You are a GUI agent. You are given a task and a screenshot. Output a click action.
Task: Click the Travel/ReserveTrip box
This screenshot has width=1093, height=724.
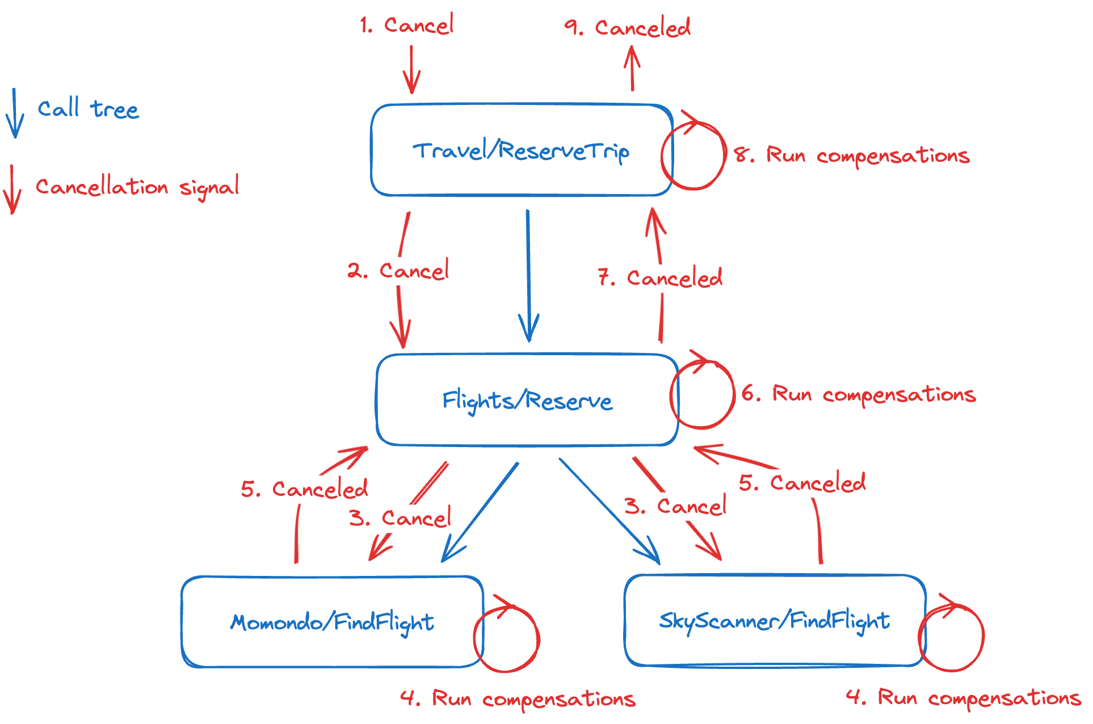coord(521,150)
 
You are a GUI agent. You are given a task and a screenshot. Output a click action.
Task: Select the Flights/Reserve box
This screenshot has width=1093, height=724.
coord(527,400)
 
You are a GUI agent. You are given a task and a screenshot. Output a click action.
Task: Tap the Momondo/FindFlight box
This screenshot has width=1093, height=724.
coord(332,622)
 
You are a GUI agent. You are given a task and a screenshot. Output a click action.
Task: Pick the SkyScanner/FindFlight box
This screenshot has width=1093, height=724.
coord(774,621)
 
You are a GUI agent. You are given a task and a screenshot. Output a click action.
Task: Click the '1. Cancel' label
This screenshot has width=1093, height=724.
coord(407,25)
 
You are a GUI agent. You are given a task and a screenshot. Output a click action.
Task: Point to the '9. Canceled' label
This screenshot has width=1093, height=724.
coord(627,27)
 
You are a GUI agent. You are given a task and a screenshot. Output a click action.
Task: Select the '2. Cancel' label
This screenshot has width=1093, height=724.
coord(398,271)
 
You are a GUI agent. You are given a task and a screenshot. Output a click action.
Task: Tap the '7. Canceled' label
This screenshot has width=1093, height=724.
coord(660,278)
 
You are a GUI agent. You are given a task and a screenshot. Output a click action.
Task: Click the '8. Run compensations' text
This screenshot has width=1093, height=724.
coord(852,155)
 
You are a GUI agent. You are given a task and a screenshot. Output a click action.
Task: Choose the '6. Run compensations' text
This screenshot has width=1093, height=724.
coord(859,394)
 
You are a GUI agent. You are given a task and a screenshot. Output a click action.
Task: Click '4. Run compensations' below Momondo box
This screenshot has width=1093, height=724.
coord(518,698)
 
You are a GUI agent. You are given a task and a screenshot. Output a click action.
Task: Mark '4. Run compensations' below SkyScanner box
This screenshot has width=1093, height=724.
coord(963,697)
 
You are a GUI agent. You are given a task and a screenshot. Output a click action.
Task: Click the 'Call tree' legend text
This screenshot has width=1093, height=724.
coord(88,109)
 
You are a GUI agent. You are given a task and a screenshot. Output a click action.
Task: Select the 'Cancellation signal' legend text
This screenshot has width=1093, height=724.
coord(137,187)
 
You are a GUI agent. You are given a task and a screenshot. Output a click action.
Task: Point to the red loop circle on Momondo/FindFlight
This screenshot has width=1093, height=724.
coord(506,639)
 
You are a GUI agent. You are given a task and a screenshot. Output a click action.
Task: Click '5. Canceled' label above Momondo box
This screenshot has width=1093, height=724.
coord(304,489)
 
